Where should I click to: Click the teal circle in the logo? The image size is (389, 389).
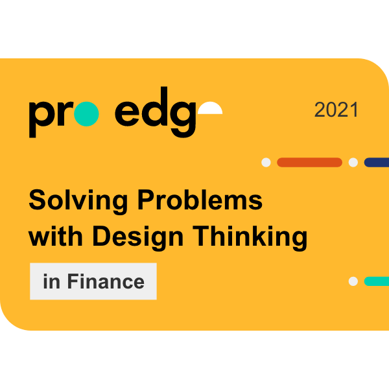point(86,114)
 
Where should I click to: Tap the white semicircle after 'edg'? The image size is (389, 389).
point(210,108)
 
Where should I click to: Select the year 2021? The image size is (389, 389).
point(336,110)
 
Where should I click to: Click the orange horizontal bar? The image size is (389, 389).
point(309,162)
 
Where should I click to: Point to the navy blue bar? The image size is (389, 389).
point(377,162)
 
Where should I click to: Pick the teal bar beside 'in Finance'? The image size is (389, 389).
point(377,281)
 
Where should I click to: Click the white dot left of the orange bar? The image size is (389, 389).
point(266,162)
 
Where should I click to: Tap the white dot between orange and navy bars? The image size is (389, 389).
point(353,162)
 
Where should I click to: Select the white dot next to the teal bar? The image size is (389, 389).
point(353,281)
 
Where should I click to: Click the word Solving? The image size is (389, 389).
point(78,201)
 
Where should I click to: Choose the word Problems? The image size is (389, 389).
point(200,200)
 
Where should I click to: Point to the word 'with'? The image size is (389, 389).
point(56,236)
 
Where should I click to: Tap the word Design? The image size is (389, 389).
point(138,237)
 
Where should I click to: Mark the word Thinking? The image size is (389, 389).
point(250,237)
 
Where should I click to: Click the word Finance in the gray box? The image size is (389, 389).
point(106,281)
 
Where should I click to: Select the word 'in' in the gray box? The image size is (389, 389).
point(51,281)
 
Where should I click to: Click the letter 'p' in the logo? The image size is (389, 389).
point(40,119)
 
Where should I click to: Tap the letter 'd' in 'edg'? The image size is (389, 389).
point(155,107)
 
